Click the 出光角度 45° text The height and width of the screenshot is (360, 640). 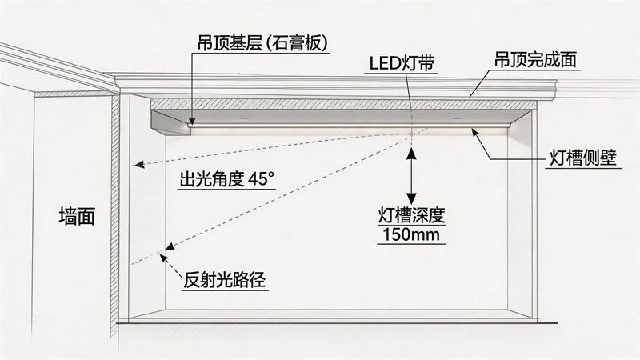point(225,180)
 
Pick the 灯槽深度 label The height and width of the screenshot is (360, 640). point(411,216)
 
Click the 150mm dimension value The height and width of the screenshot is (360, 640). point(411,235)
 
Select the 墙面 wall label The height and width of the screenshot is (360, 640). point(77,217)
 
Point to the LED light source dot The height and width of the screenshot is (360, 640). point(411,132)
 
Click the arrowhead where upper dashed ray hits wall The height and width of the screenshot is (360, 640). point(137,166)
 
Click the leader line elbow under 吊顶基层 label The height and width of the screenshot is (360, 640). point(192,55)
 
